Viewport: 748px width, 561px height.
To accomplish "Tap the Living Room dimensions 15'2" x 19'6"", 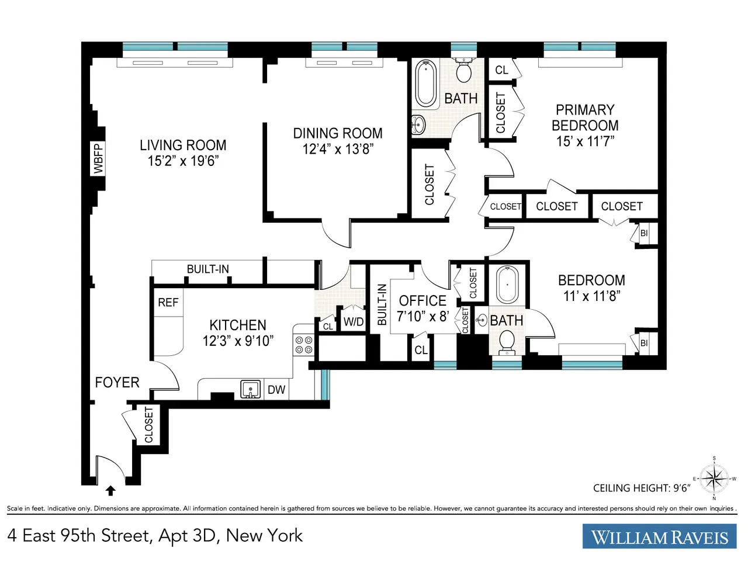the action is (183, 161).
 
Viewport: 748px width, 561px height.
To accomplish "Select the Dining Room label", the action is (338, 133).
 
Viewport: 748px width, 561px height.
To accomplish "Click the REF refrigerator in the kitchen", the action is (168, 303).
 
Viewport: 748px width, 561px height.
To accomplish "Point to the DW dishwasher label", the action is (276, 390).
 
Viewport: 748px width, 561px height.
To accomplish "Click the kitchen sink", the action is (251, 389).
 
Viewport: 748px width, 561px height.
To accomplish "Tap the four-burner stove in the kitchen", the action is (304, 345).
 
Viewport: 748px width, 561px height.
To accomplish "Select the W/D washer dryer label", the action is (354, 321).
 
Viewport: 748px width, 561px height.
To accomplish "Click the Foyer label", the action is (117, 383).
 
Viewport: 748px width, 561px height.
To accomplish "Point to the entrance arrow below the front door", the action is (110, 491).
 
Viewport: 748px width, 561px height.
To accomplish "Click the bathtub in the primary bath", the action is (425, 84).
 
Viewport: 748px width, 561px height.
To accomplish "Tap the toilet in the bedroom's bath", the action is (507, 342).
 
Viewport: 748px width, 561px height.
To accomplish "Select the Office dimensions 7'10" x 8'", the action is (423, 316).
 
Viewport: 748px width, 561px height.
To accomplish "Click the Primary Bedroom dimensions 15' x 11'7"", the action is (585, 141).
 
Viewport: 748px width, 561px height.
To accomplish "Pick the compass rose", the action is (714, 478).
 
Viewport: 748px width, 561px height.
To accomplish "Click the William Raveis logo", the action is (659, 536).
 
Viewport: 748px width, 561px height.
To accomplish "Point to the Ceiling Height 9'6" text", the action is (642, 488).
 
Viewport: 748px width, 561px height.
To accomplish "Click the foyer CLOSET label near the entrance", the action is (148, 425).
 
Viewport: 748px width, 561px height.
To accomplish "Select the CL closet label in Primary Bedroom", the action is (501, 70).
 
